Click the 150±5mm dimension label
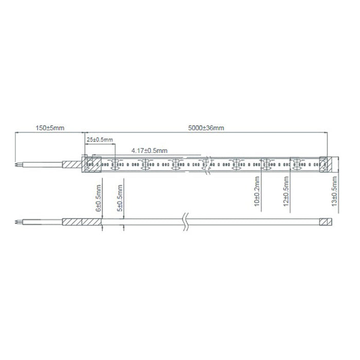coord(50,128)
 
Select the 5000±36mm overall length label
coord(206,128)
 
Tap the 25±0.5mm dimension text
coord(100,139)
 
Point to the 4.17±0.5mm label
coord(149,151)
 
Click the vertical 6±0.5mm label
coord(99,198)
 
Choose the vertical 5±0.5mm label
coord(120,198)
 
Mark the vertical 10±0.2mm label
coord(257,191)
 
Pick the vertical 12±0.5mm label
coord(286,191)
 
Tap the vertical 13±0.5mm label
coord(334,191)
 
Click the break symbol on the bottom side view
coord(186,222)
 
